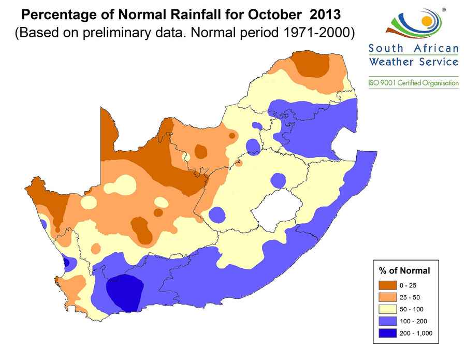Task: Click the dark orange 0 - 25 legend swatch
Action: coord(387,285)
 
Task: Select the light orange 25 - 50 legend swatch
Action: coord(387,297)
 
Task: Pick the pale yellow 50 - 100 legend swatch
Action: coord(387,309)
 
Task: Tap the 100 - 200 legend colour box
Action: coord(387,321)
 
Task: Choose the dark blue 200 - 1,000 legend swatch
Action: coord(387,333)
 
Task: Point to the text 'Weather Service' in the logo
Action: coord(413,62)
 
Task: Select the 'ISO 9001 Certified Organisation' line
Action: coord(413,83)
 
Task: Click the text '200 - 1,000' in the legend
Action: coord(416,333)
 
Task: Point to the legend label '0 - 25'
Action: coord(407,285)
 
